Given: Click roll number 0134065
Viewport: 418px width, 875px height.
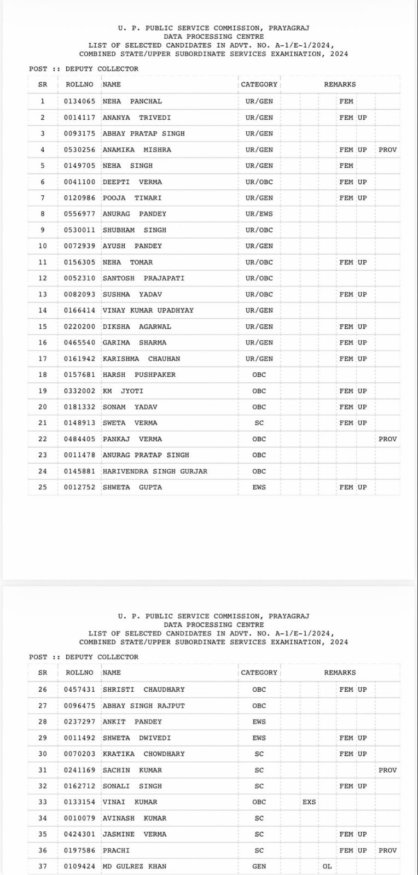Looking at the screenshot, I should pyautogui.click(x=79, y=101).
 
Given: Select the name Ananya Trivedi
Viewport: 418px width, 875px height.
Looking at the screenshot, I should pyautogui.click(x=137, y=118).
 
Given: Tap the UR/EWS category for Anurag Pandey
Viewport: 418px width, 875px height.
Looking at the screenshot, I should pyautogui.click(x=259, y=214).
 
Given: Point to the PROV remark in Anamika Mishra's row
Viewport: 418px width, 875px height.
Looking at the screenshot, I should pyautogui.click(x=387, y=150).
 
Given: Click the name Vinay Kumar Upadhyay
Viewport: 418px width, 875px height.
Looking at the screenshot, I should pyautogui.click(x=148, y=311).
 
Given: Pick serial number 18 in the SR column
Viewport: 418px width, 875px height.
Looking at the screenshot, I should pyautogui.click(x=43, y=375).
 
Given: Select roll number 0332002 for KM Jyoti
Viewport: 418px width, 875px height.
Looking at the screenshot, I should pyautogui.click(x=79, y=391).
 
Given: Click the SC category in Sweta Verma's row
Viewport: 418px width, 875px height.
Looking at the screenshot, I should pyautogui.click(x=259, y=423).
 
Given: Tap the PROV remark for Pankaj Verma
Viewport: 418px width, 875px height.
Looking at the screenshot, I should pyautogui.click(x=387, y=439).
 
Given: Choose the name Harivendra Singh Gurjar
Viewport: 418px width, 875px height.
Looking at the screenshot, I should pyautogui.click(x=155, y=471).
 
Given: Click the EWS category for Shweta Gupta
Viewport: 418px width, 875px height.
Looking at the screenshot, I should pyautogui.click(x=259, y=487).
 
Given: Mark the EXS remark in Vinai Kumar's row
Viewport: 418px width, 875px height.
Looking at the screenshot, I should pyautogui.click(x=309, y=802).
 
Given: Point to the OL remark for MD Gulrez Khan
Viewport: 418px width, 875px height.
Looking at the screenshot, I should pyautogui.click(x=327, y=866).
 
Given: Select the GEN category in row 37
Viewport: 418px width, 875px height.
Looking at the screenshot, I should pyautogui.click(x=259, y=866).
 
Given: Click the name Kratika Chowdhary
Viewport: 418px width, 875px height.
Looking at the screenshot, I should pyautogui.click(x=143, y=754).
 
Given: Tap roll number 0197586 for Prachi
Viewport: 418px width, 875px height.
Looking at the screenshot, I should pyautogui.click(x=79, y=850).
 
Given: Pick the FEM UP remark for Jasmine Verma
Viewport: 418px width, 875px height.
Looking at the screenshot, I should pyautogui.click(x=353, y=835).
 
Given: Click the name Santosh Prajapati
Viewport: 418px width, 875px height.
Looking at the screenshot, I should pyautogui.click(x=143, y=278).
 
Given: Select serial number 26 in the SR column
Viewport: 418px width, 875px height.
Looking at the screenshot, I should pyautogui.click(x=43, y=690).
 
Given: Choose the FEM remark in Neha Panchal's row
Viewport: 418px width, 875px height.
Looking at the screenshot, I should pyautogui.click(x=346, y=101).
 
